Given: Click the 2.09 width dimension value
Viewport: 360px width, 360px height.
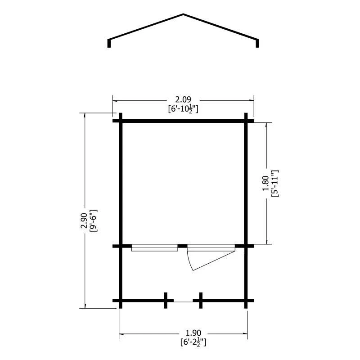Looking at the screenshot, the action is tap(183, 99).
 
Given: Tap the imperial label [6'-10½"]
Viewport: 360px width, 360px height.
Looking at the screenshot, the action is tap(183, 109).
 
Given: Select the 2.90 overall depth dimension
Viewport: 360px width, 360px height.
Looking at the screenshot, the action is tap(84, 221).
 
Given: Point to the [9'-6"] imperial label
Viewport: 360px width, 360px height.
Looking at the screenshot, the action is tap(94, 220).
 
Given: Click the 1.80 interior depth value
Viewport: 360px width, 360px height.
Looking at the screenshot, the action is tap(265, 183).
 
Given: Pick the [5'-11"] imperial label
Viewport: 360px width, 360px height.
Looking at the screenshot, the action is tap(275, 183).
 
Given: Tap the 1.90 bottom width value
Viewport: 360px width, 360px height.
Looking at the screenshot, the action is tap(193, 333).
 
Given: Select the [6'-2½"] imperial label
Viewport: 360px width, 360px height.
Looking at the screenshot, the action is tap(193, 342).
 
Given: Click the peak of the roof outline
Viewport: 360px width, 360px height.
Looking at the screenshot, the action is tap(183, 14).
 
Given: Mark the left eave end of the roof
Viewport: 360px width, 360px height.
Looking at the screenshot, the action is tap(109, 47).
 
